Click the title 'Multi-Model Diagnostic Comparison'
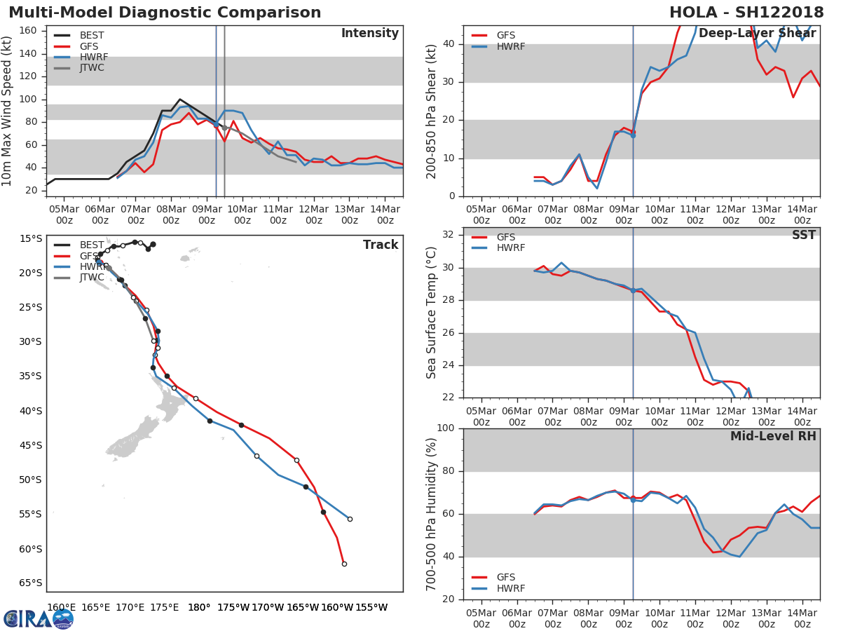(165, 13)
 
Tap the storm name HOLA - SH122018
(746, 13)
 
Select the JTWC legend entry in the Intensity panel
(92, 68)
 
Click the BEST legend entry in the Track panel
(92, 245)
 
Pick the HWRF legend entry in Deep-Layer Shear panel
(510, 46)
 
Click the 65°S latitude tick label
(30, 583)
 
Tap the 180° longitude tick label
(199, 607)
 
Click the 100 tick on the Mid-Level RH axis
(446, 428)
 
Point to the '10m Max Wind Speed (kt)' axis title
(8, 111)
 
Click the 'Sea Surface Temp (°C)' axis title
(432, 313)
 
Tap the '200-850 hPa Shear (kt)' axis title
(432, 111)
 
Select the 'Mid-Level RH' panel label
(773, 436)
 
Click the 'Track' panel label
(381, 245)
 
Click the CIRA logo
(39, 618)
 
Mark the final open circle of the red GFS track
(344, 564)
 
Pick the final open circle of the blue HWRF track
(350, 519)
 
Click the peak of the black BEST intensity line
(179, 100)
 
